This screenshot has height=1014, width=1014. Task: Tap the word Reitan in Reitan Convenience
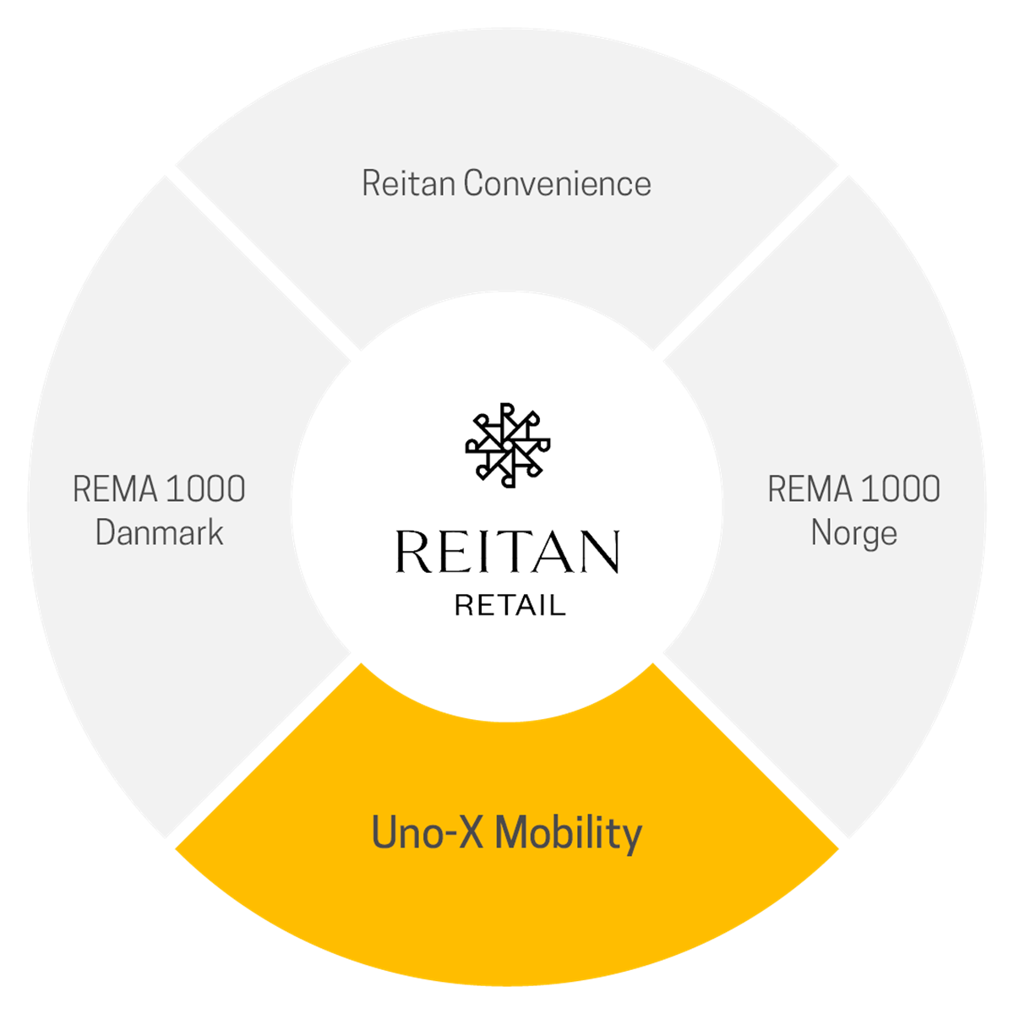click(410, 184)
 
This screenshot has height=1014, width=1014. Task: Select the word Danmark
click(160, 533)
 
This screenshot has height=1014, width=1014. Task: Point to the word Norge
click(853, 533)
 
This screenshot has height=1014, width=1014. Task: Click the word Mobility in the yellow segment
click(569, 833)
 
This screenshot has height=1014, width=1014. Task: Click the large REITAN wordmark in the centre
click(507, 553)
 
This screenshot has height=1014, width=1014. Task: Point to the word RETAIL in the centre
click(510, 605)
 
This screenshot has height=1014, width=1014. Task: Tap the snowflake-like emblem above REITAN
click(507, 445)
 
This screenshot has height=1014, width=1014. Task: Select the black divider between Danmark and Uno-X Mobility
click(264, 752)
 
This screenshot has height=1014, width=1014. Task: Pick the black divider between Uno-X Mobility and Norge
click(750, 752)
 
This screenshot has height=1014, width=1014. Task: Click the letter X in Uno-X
click(469, 833)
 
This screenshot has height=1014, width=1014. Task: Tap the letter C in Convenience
click(476, 184)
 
